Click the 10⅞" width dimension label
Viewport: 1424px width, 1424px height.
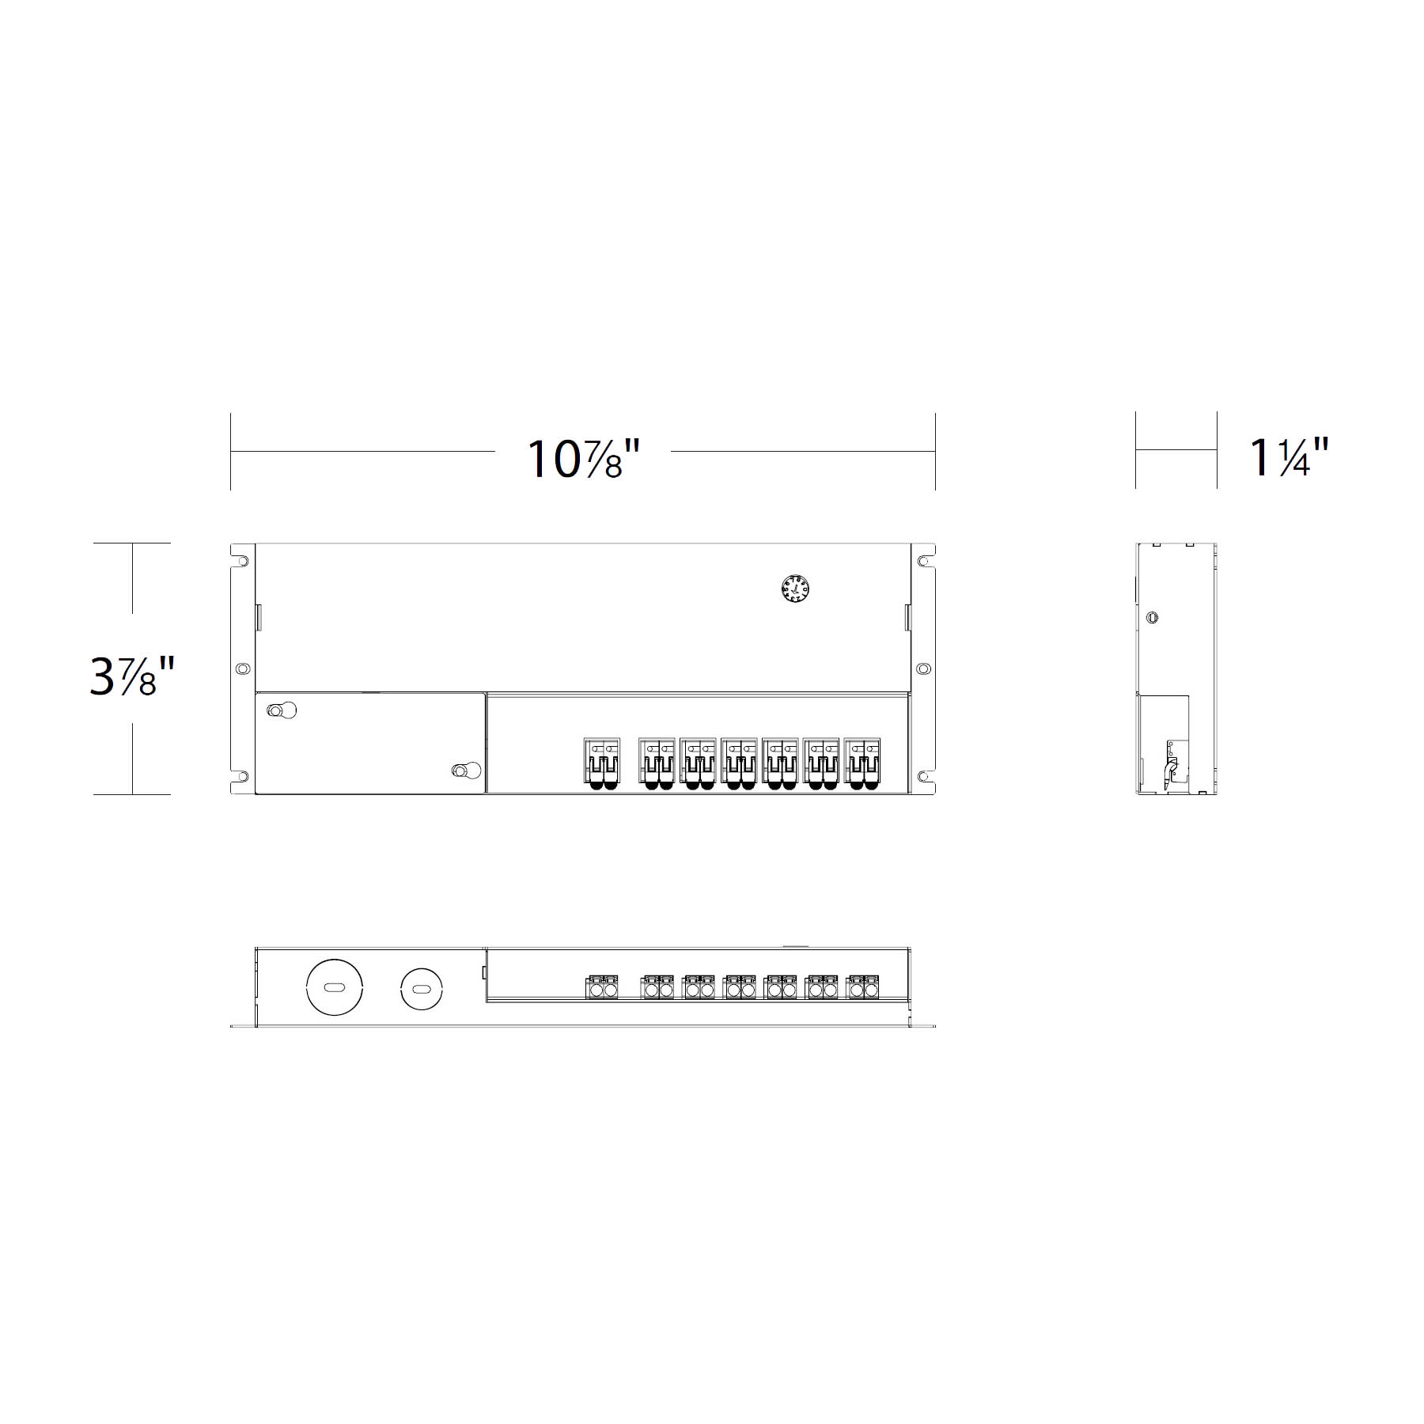[583, 459]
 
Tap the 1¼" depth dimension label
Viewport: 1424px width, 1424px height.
[1289, 457]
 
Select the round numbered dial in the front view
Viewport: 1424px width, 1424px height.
[795, 589]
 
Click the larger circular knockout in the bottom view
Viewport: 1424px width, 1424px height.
[335, 987]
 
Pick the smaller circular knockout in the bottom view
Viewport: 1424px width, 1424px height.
[421, 988]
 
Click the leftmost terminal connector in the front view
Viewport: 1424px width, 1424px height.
[602, 763]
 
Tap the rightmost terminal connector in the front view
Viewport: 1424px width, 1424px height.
[862, 763]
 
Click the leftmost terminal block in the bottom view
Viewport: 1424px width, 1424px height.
[602, 988]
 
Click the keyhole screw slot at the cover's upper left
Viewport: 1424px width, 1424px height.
[282, 710]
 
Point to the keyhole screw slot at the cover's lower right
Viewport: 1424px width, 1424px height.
[466, 770]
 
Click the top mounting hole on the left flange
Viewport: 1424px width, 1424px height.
[243, 562]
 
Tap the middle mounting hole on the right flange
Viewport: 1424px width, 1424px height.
[922, 669]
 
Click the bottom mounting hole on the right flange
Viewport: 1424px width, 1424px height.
[922, 777]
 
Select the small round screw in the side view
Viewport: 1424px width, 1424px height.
[1153, 618]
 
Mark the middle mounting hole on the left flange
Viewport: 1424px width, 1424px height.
[243, 669]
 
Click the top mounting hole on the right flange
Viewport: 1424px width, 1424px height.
[922, 562]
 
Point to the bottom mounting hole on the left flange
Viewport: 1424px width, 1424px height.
[243, 777]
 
